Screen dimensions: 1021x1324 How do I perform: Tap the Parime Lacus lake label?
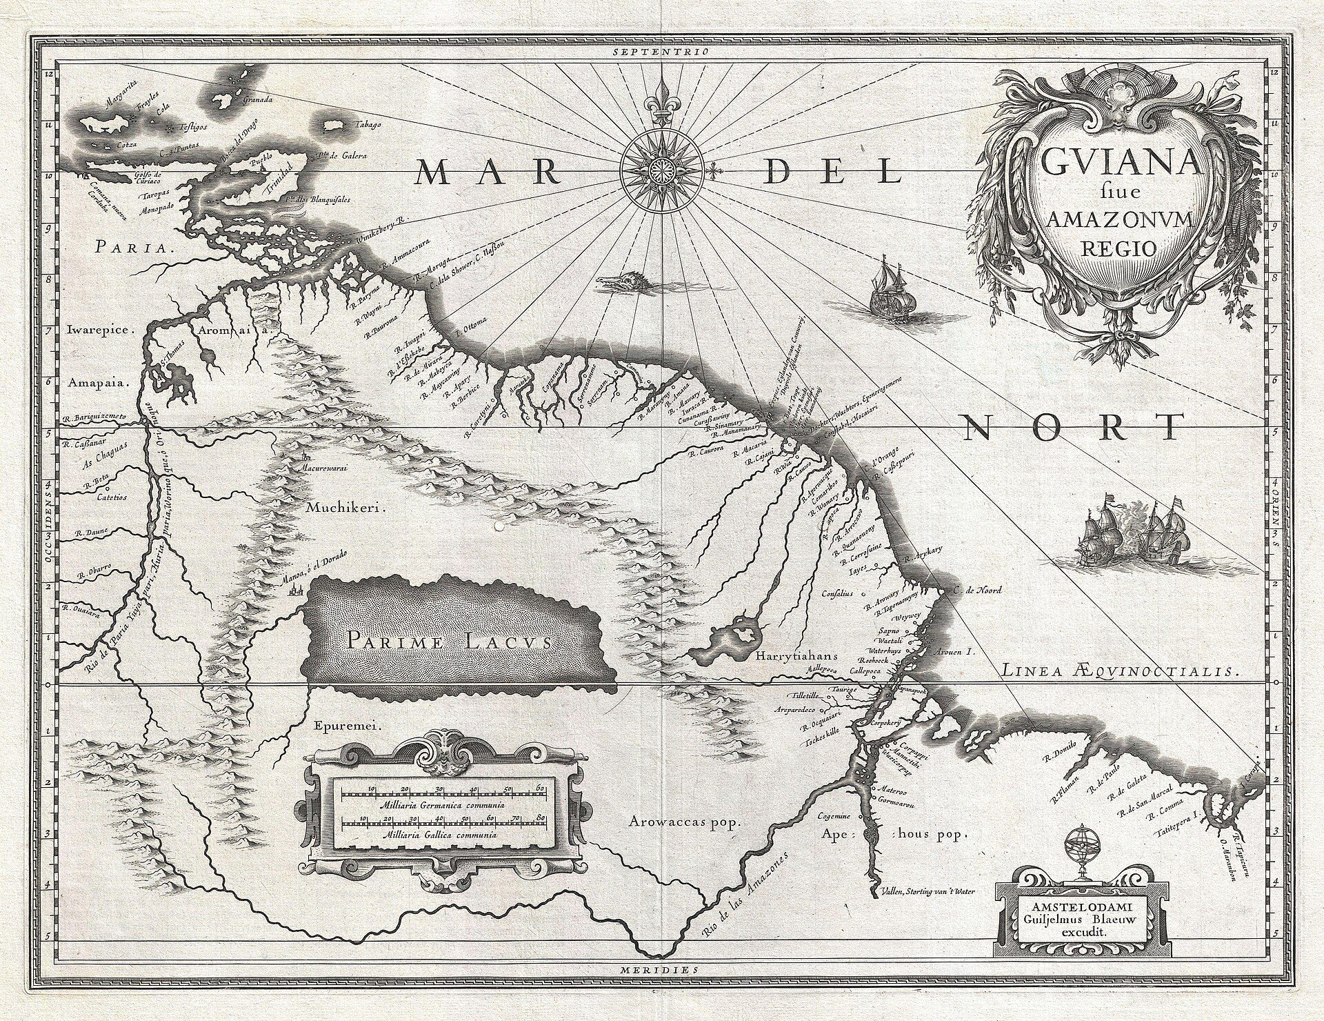pyautogui.click(x=449, y=642)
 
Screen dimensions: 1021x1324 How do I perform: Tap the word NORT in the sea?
pyautogui.click(x=1072, y=428)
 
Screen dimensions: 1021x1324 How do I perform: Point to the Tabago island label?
pyautogui.click(x=367, y=126)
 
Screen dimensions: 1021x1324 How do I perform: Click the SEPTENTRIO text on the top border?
pyautogui.click(x=662, y=52)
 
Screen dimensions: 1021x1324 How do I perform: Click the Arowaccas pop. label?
pyautogui.click(x=683, y=822)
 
